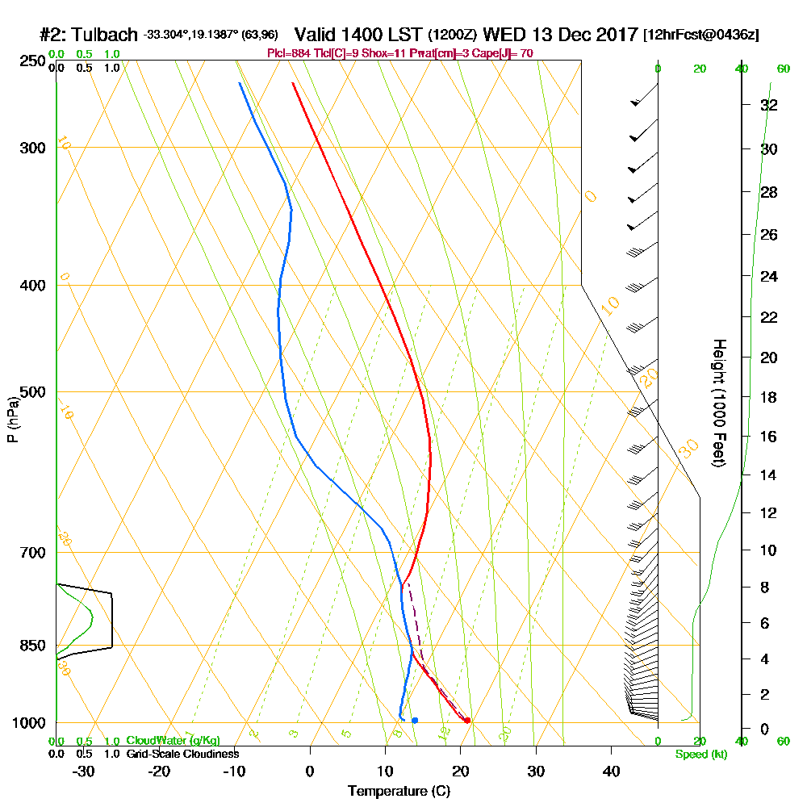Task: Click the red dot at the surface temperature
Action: point(467,720)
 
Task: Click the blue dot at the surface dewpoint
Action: point(415,720)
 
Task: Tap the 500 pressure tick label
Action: point(31,392)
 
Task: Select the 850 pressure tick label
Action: point(31,646)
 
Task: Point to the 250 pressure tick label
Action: point(31,61)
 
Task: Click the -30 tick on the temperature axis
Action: point(83,771)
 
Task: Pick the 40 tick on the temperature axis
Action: point(612,771)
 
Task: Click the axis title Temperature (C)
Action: point(399,791)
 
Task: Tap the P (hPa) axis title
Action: point(12,419)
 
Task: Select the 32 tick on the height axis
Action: point(768,104)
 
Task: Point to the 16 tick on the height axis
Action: point(768,437)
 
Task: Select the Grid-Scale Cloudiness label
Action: point(182,754)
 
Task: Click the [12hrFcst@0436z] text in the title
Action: point(700,36)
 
